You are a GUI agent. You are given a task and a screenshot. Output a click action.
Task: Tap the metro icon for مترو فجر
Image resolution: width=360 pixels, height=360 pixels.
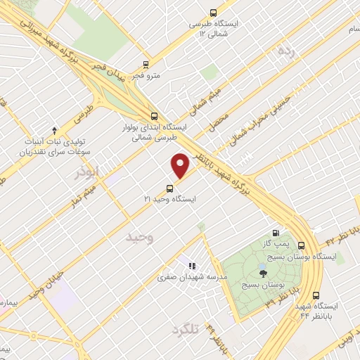(145, 63)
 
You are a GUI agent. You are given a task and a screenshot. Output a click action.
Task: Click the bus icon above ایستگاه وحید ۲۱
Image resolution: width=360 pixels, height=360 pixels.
(169, 188)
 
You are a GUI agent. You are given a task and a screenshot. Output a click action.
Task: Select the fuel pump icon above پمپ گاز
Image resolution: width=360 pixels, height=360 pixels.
(275, 234)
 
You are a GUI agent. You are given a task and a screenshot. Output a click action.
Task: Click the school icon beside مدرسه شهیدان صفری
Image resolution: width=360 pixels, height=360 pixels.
(191, 265)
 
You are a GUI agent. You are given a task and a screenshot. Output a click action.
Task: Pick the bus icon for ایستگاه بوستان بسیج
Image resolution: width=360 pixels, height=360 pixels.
(301, 245)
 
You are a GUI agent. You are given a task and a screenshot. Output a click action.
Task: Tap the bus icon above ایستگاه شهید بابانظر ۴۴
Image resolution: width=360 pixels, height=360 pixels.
(316, 295)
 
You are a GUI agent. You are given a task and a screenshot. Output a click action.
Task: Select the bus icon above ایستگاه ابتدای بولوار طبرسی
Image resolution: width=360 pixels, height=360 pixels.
(154, 117)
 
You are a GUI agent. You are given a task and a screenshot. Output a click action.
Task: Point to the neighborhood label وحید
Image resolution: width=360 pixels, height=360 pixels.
(139, 238)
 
